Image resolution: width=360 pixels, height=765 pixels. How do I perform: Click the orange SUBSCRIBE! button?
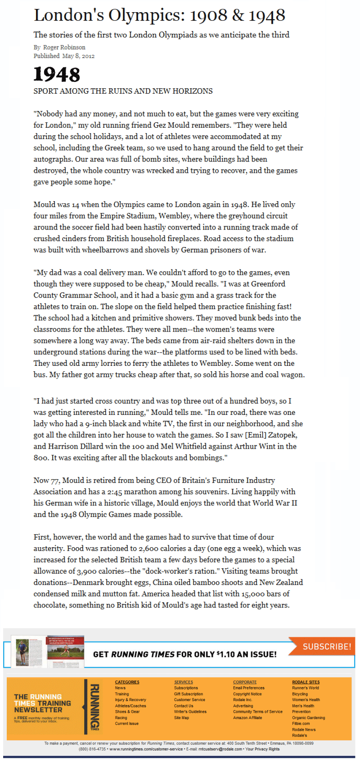[x=326, y=646]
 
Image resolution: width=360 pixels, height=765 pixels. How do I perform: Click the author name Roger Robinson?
[x=64, y=47]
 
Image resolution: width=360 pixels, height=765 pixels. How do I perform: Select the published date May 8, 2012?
[x=78, y=56]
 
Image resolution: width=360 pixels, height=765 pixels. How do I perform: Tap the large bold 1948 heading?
[x=57, y=74]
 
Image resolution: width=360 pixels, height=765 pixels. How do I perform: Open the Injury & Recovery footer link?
[x=130, y=700]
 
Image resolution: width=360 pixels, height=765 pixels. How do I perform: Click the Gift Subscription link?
[x=189, y=694]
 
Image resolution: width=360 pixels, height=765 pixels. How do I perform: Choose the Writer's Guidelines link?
[x=190, y=711]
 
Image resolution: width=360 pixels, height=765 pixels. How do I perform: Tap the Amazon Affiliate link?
[x=247, y=717]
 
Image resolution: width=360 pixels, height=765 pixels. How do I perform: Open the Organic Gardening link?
[x=308, y=718]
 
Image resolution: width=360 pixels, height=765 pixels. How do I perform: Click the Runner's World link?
[x=306, y=688]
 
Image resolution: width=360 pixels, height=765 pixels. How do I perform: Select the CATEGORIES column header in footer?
[x=127, y=682]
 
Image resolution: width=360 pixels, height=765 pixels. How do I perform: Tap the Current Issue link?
[x=127, y=724]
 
